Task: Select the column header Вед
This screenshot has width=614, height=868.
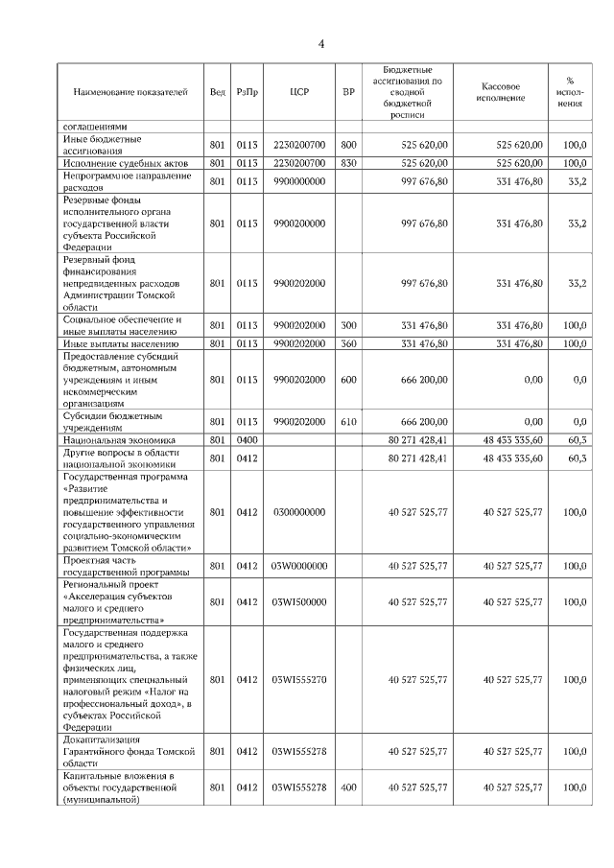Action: point(218,92)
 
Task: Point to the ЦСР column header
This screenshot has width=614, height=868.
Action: point(298,92)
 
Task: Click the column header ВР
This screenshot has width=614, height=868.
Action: point(348,92)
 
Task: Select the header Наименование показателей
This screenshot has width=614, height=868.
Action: point(130,92)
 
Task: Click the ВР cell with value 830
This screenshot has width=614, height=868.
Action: point(348,164)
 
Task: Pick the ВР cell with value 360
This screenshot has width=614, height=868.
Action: point(348,343)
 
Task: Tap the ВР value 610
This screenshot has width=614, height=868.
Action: point(348,422)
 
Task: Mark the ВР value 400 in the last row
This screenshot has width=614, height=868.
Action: point(348,787)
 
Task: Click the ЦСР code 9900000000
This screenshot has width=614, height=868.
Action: point(298,181)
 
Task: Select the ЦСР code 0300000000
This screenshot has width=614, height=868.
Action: point(298,513)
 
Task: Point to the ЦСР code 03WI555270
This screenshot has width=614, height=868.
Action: point(298,680)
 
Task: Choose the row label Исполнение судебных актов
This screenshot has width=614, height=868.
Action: point(126,164)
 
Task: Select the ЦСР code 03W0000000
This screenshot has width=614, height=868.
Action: point(298,566)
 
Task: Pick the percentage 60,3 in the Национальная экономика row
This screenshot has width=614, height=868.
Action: point(575,439)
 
